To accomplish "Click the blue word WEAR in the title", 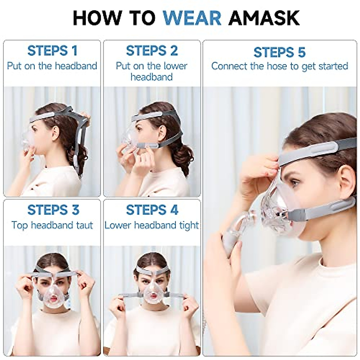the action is [x=192, y=18].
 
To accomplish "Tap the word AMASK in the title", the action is [x=264, y=18].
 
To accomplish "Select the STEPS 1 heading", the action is [x=52, y=51].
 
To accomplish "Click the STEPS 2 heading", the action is [x=152, y=51].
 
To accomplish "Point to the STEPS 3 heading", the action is [x=53, y=210].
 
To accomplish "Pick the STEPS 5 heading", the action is [x=280, y=52].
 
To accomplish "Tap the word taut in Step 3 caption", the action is [x=84, y=225].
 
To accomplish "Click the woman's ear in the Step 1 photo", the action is [x=55, y=133].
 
